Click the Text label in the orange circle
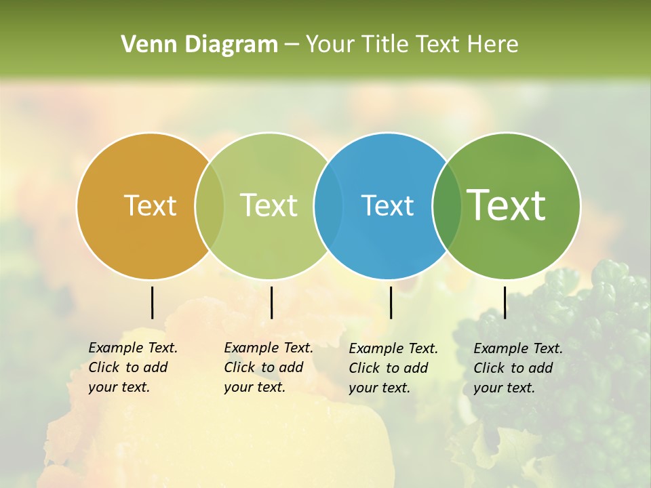150,205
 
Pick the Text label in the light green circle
269,205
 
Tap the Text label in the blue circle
387,205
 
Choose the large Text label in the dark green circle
506,205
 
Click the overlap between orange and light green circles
210,205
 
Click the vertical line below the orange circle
152,302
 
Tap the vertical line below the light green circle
271,302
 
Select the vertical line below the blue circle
391,302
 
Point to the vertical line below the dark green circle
505,302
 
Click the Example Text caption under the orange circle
133,367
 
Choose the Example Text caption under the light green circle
269,367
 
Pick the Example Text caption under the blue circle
393,368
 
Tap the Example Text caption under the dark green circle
518,368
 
